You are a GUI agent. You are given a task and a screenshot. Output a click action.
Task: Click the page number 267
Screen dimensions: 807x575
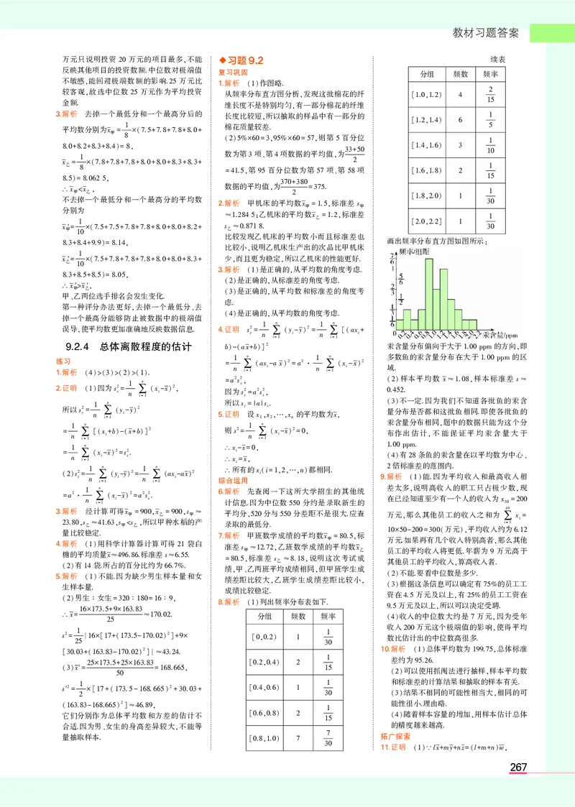pyautogui.click(x=518, y=767)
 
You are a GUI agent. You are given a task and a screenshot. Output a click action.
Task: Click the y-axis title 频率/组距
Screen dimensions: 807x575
pyautogui.click(x=413, y=251)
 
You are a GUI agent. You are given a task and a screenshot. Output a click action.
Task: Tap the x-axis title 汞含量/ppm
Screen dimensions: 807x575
pyautogui.click(x=500, y=335)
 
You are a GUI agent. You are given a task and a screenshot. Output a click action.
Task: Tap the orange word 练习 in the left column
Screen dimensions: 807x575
pyautogui.click(x=63, y=360)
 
